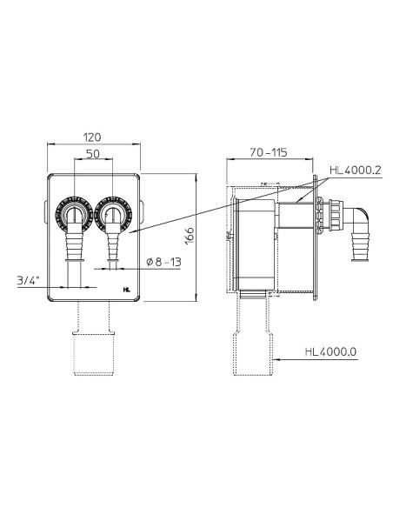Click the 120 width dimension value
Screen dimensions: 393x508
[x=92, y=137]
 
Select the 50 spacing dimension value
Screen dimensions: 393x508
[x=93, y=154]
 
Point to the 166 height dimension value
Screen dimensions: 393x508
[x=190, y=236]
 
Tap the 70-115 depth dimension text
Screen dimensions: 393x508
[x=269, y=152]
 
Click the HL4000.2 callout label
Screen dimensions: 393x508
[x=356, y=170]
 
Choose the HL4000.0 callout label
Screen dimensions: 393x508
[x=330, y=351]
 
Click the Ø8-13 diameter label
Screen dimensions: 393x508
[x=163, y=262]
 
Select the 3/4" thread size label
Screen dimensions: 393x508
[x=29, y=280]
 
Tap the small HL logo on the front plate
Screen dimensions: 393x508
[x=127, y=290]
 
